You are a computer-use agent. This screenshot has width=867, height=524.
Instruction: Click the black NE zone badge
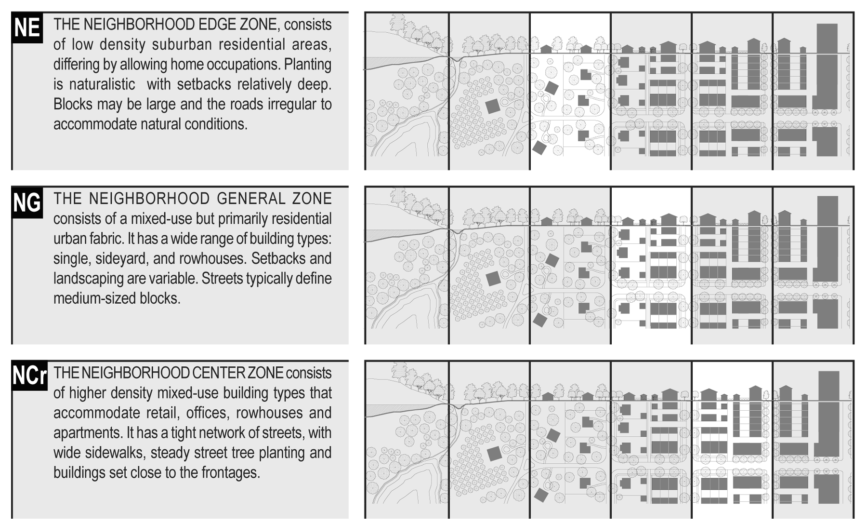point(27,28)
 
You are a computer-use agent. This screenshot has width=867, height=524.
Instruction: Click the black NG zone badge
point(27,202)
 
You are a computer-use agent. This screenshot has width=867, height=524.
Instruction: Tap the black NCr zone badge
point(30,376)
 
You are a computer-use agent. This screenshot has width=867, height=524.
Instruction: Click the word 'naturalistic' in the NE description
point(102,84)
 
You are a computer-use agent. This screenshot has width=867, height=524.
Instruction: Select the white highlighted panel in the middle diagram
point(651,266)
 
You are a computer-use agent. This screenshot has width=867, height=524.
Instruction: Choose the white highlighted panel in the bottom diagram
point(732,440)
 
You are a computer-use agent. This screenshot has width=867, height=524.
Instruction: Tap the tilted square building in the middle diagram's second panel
point(493,279)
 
